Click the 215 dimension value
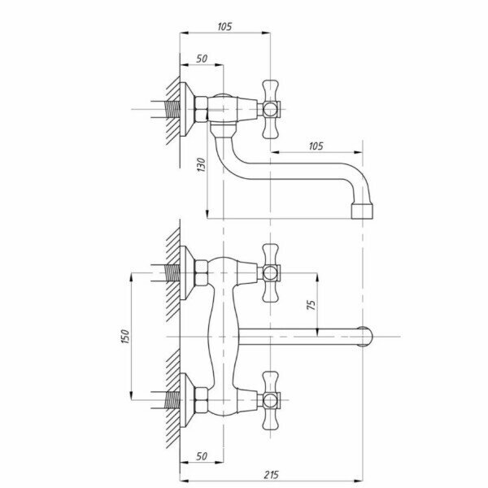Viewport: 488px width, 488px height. click(271, 475)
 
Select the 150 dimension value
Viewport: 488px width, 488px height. click(124, 337)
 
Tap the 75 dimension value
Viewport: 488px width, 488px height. click(311, 305)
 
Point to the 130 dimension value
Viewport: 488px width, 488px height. click(202, 165)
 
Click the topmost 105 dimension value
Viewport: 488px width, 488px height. click(224, 27)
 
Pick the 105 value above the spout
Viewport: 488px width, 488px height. click(316, 146)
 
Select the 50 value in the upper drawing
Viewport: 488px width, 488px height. click(202, 59)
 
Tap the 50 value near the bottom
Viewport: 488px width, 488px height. click(202, 456)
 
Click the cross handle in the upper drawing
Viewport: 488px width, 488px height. click(270, 109)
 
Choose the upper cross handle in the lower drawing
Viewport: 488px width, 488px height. click(270, 273)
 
